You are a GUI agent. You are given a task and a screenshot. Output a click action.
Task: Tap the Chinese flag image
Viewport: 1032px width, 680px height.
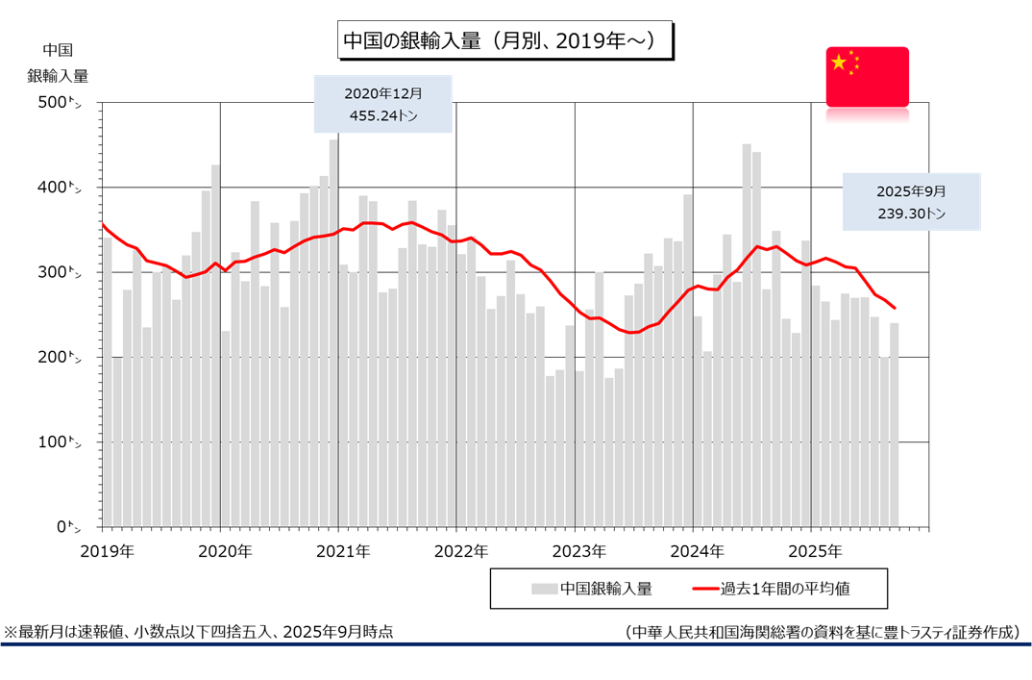pos(867,76)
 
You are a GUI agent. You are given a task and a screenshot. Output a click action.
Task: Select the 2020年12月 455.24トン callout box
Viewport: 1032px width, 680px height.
pos(383,104)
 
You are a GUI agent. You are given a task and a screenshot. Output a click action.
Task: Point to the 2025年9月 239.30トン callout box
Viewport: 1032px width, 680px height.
pos(911,202)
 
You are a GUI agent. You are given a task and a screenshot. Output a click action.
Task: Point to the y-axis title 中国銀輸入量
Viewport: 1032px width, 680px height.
pos(58,63)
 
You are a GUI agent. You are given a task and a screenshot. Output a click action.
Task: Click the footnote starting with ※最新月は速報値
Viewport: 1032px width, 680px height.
pos(198,632)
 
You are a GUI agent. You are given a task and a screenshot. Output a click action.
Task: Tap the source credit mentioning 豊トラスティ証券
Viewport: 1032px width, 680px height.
pos(821,632)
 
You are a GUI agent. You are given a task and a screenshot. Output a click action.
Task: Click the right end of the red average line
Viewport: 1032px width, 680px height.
pos(895,308)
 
